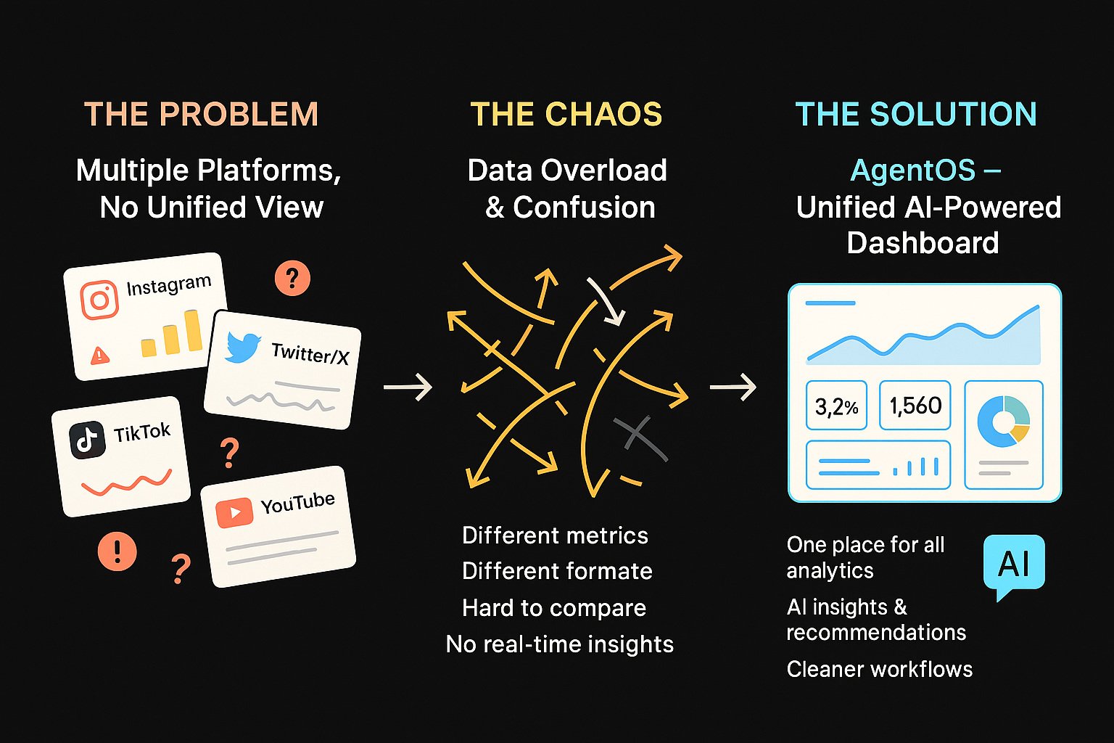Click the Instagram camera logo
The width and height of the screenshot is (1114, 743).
point(99,299)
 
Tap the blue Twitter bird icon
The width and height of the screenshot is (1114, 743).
point(243,348)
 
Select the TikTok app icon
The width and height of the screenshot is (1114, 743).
point(88,440)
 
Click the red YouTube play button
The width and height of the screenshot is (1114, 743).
point(234,513)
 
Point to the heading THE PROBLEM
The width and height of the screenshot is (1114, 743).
point(201,115)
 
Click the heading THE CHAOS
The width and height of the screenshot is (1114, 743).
point(566,115)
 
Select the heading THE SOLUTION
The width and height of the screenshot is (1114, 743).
point(916,115)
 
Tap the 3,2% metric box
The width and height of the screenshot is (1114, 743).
point(837,406)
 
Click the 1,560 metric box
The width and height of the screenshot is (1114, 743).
point(915,405)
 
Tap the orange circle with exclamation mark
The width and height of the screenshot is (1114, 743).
point(117,551)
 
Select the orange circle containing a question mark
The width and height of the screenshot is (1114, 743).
point(292,278)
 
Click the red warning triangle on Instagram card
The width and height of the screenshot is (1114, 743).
point(99,356)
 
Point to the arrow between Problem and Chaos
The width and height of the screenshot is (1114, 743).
point(408,387)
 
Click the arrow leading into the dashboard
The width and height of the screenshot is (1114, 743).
point(733,387)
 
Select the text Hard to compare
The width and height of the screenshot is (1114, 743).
point(554,608)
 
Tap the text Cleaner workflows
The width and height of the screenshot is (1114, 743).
point(879,669)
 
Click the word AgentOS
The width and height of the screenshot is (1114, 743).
point(913,171)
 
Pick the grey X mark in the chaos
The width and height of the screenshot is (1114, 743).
point(638,438)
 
